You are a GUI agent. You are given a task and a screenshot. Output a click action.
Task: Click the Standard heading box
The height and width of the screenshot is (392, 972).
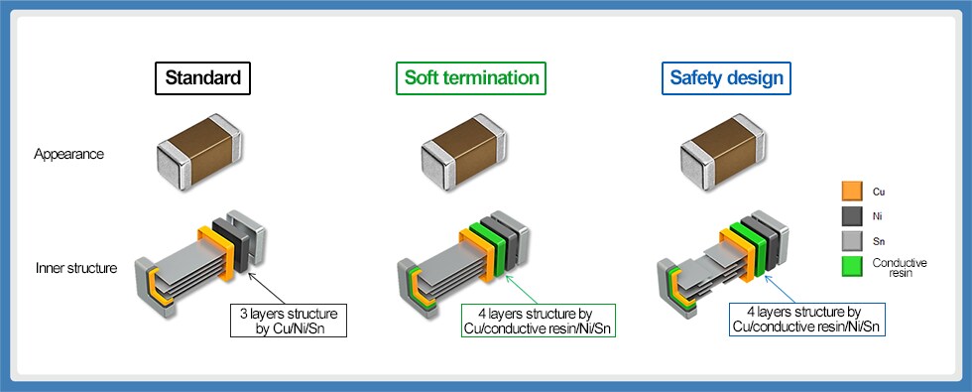202,78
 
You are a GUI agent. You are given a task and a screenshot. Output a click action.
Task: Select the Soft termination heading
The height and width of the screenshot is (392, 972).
470,78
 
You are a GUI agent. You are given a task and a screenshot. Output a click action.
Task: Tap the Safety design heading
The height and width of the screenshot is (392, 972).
726,78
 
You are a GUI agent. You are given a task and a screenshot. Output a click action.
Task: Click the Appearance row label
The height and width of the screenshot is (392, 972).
68,154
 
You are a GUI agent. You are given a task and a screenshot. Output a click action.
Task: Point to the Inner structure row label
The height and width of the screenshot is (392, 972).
75,268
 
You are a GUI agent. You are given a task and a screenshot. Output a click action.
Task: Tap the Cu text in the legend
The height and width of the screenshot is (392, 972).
880,192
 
